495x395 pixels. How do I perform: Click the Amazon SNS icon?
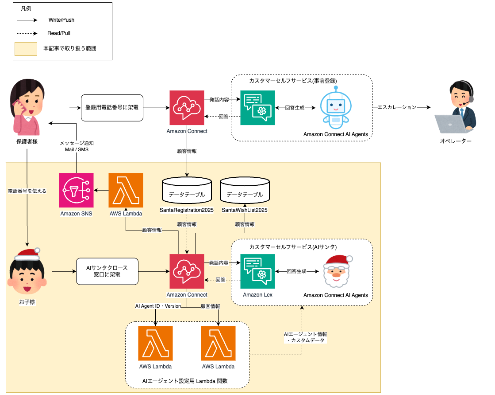coord(76,190)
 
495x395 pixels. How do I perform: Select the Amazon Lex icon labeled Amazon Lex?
coord(257,271)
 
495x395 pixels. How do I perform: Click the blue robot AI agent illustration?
coord(335,106)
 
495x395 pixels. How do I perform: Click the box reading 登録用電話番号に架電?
coord(112,108)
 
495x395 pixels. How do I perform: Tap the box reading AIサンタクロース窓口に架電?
coord(107,272)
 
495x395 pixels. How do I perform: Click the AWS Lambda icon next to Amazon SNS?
coord(126,190)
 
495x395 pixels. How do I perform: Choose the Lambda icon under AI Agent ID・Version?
coord(156,344)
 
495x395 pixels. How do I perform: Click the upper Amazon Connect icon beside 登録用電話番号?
coord(187,108)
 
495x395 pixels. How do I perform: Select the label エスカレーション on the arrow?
coord(396,107)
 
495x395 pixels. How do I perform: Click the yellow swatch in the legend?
coord(26,48)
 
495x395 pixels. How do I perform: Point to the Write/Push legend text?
coord(61,20)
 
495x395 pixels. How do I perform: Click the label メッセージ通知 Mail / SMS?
coord(77,146)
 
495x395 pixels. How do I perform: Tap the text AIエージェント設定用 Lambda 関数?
coord(187,381)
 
